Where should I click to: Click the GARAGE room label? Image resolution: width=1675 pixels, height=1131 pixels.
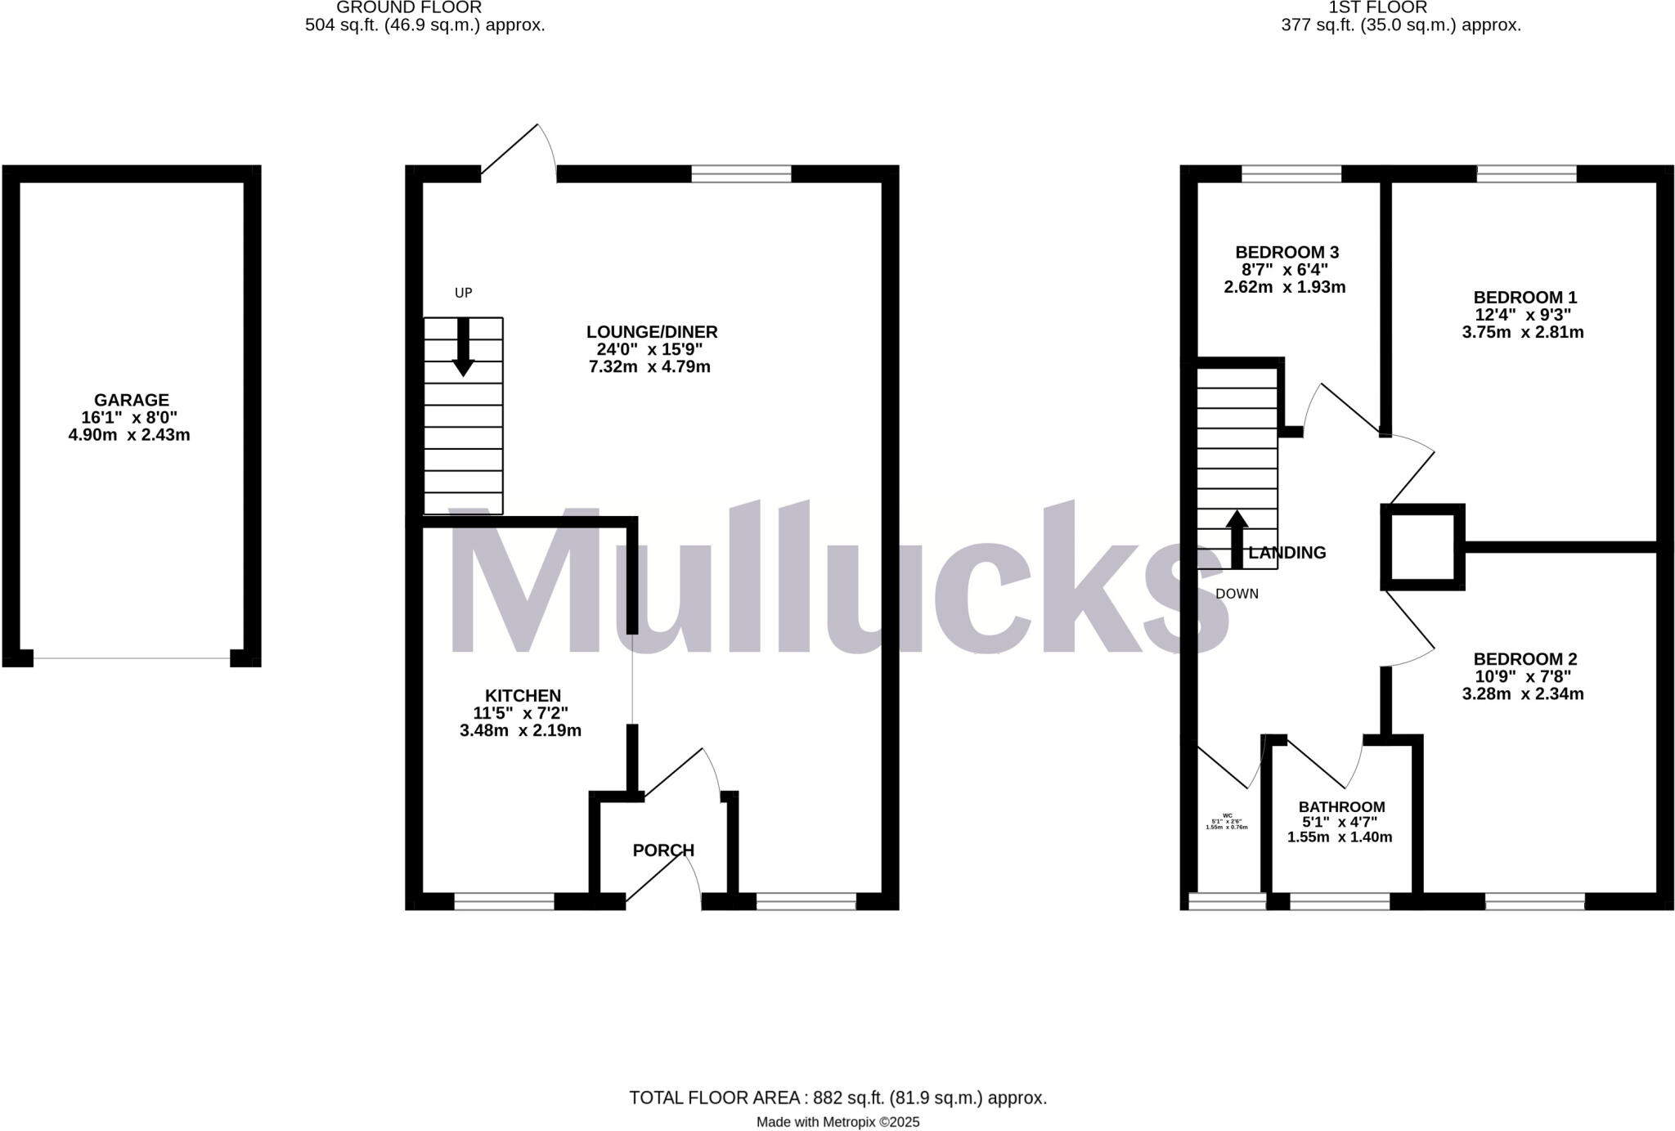(131, 400)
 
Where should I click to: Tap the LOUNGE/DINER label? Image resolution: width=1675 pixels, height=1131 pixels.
(652, 332)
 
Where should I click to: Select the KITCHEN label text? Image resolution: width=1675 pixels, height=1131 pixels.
(523, 696)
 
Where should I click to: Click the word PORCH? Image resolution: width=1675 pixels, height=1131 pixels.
(663, 850)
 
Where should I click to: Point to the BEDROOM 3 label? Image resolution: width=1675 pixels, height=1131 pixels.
(1287, 252)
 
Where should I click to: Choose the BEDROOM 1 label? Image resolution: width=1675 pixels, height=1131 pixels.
(1525, 298)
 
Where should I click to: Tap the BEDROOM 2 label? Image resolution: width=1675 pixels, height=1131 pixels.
(1525, 659)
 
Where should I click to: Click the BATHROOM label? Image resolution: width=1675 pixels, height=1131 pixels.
(1341, 807)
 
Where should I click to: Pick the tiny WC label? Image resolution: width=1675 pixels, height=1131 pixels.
(1227, 815)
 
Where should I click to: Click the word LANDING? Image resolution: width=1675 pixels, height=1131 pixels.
(1287, 553)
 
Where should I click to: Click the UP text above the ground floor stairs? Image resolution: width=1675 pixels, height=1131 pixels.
(463, 293)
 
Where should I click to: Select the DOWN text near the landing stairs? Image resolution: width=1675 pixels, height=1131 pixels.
(1237, 594)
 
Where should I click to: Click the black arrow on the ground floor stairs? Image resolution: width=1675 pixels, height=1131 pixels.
(463, 348)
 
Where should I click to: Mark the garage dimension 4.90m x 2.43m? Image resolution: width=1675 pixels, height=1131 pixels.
(129, 435)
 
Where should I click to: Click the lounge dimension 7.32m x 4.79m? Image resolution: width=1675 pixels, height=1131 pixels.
(649, 367)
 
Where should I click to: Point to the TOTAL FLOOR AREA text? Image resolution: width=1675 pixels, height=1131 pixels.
(837, 1098)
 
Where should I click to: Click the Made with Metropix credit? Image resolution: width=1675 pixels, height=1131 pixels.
(837, 1122)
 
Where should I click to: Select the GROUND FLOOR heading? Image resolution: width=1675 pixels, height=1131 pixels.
(409, 7)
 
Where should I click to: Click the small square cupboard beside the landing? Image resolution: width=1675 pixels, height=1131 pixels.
(1422, 547)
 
